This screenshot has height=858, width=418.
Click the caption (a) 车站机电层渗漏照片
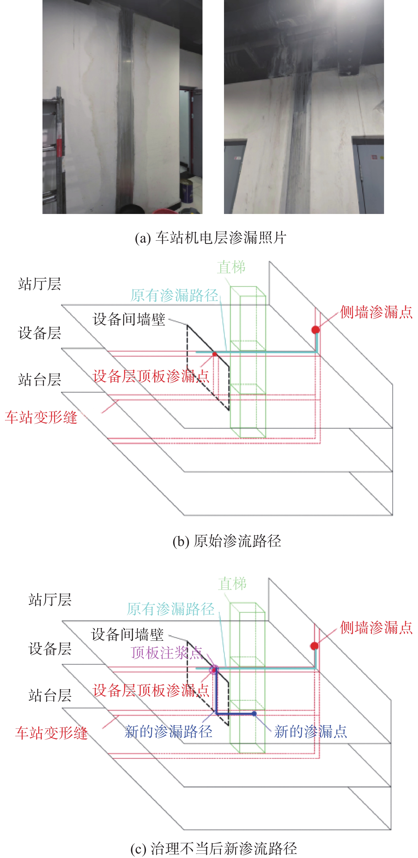tap(210, 238)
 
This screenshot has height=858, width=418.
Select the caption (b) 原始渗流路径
tap(227, 541)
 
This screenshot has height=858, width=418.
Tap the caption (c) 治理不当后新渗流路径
tap(214, 849)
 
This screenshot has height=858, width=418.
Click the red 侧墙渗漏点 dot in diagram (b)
tap(315, 330)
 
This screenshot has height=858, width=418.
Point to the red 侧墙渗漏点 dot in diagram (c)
tap(314, 646)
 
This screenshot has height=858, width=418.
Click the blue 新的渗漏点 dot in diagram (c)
tap(254, 713)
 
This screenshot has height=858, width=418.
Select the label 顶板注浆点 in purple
tap(167, 653)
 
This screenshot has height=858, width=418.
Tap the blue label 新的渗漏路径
tap(168, 732)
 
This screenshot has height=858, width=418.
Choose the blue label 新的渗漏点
tap(310, 732)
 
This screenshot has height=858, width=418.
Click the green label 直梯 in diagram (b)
tap(231, 267)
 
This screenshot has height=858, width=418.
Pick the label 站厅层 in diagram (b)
tap(40, 284)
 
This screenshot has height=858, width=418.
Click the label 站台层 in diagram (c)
tap(50, 696)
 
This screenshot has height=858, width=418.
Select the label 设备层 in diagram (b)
tap(40, 333)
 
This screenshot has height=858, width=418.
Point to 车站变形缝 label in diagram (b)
tap(41, 417)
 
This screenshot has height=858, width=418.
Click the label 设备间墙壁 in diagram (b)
tap(129, 319)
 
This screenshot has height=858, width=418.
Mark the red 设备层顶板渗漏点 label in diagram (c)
tap(151, 690)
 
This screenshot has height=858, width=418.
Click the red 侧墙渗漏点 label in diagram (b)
tap(376, 312)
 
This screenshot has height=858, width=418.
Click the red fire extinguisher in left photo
tap(59, 148)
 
